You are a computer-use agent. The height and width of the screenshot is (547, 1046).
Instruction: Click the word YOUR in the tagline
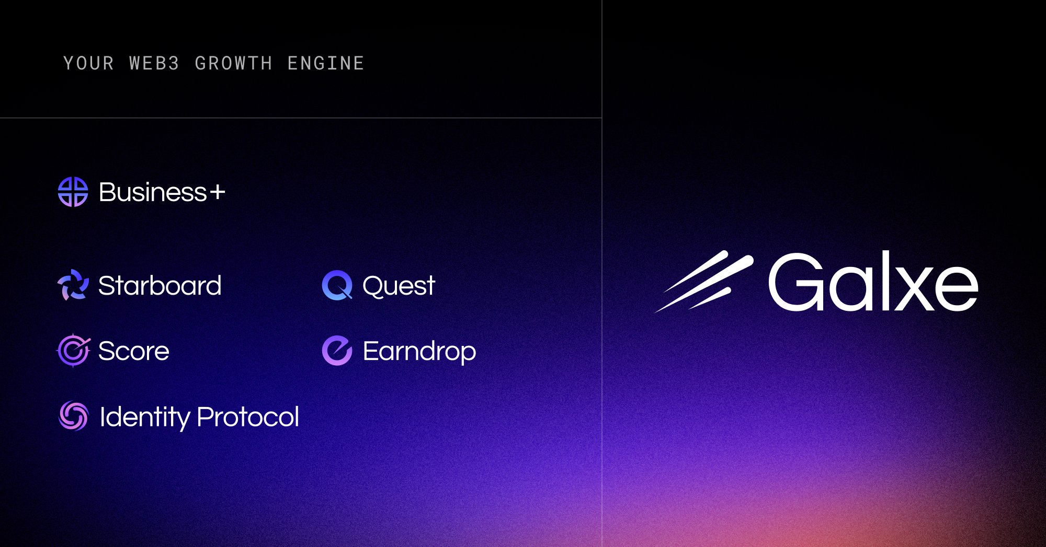pos(88,64)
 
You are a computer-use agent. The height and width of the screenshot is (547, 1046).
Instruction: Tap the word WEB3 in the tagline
pos(154,64)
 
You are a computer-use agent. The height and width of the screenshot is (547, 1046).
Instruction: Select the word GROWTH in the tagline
pos(233,64)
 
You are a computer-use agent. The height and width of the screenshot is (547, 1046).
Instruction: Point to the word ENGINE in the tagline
pos(325,64)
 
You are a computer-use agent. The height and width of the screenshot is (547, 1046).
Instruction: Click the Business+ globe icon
pos(73,192)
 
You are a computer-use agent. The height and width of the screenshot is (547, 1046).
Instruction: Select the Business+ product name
pos(153,192)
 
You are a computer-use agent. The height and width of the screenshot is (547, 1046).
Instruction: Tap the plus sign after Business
pos(218,192)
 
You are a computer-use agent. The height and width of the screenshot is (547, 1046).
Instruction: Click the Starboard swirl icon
pos(73,285)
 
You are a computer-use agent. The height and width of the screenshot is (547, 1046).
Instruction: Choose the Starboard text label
pos(160,286)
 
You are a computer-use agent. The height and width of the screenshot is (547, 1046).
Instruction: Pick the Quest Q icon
pos(337,285)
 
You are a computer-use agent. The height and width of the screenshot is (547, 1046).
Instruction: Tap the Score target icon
pos(73,351)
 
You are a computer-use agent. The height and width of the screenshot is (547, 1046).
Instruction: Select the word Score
pos(134,351)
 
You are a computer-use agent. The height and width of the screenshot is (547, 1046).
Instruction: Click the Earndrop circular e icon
pos(337,351)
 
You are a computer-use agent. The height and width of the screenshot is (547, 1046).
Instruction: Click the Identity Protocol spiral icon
pos(73,416)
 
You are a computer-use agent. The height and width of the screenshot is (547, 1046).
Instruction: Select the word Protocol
pos(248,417)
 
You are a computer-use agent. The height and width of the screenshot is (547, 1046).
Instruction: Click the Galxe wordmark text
pos(872,282)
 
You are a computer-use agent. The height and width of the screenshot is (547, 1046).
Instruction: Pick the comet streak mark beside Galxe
pos(703,281)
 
